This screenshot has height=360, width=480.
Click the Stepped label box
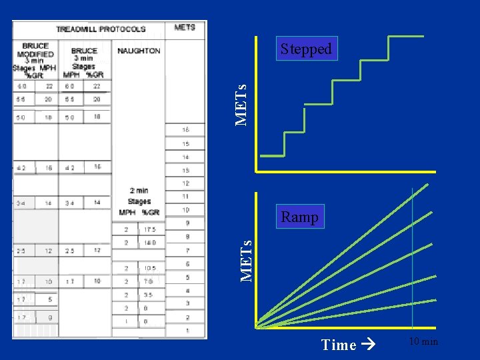(x=306, y=49)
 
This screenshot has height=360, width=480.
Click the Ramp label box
(x=299, y=217)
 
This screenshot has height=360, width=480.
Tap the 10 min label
(x=423, y=342)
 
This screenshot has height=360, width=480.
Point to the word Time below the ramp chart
(x=339, y=345)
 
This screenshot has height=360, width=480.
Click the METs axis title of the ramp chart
(x=246, y=260)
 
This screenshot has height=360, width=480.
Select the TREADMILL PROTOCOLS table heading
(x=101, y=29)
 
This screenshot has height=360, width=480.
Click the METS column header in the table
(x=185, y=27)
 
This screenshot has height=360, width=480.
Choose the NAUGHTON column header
(x=139, y=51)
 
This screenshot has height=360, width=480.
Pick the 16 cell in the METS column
(x=185, y=129)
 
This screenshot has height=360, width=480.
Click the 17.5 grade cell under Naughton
(x=151, y=230)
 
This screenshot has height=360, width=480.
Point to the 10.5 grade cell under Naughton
(x=150, y=269)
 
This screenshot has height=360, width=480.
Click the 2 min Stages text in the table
(x=139, y=195)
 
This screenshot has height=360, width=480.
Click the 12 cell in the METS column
(x=186, y=183)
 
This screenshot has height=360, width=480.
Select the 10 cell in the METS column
(x=186, y=210)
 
